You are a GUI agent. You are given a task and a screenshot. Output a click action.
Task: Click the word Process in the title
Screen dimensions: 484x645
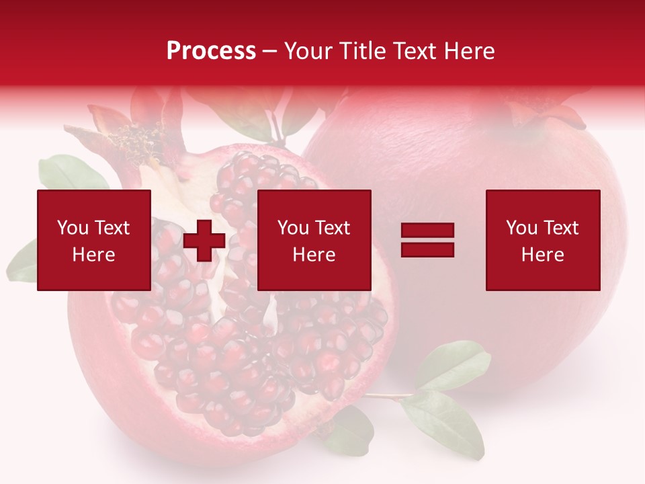[211, 51]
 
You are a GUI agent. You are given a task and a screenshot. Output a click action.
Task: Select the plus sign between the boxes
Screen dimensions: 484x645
[204, 241]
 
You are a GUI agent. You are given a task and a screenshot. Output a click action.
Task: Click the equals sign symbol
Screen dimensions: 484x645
[427, 240]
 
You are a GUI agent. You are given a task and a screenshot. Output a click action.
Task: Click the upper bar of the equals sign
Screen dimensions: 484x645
[427, 231]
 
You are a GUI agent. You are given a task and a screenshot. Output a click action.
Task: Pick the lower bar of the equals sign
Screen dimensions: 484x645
[427, 249]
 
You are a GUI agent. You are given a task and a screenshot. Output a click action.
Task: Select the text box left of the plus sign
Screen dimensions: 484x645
[94, 240]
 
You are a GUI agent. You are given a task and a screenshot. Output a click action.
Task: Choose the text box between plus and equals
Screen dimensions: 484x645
[314, 240]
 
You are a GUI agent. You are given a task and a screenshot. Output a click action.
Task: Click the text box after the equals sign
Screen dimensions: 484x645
[543, 240]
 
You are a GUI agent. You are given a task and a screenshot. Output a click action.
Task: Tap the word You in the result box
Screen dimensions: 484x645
[521, 228]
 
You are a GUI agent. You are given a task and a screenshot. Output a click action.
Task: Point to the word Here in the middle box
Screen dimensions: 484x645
[314, 255]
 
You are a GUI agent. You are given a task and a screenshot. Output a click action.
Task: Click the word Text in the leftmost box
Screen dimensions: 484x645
[112, 228]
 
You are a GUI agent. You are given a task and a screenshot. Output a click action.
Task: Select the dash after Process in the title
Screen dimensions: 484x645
[269, 52]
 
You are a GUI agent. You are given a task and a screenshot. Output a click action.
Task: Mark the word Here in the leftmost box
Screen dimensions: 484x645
[94, 255]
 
